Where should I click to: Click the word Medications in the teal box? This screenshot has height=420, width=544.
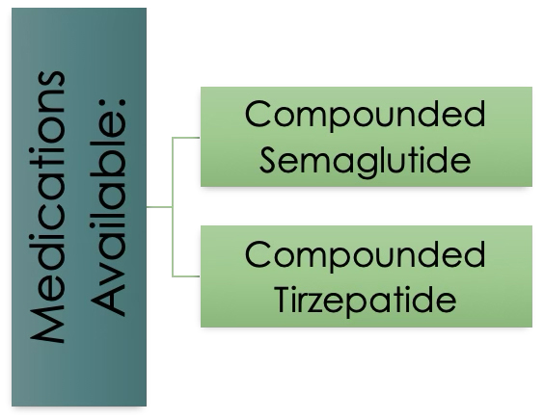coord(47,207)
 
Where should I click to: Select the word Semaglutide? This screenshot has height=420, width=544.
coord(366,161)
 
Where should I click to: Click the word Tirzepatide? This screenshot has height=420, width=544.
coord(366,300)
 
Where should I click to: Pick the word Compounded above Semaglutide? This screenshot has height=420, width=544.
coord(366,115)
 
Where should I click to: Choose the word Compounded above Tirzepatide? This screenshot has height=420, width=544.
coord(366,255)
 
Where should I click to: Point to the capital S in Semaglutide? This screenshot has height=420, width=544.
coord(268,161)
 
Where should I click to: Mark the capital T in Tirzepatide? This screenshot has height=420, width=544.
coord(285,300)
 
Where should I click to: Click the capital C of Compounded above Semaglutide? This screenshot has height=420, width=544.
coord(257,114)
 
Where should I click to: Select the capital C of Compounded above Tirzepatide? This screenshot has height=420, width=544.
coord(257,254)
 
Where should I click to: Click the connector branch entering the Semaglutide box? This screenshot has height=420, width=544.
coord(186,138)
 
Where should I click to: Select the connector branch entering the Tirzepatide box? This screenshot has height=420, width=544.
coord(186,276)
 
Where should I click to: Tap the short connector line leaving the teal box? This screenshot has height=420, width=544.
coord(159,207)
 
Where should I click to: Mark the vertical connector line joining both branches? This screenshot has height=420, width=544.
coord(173,207)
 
